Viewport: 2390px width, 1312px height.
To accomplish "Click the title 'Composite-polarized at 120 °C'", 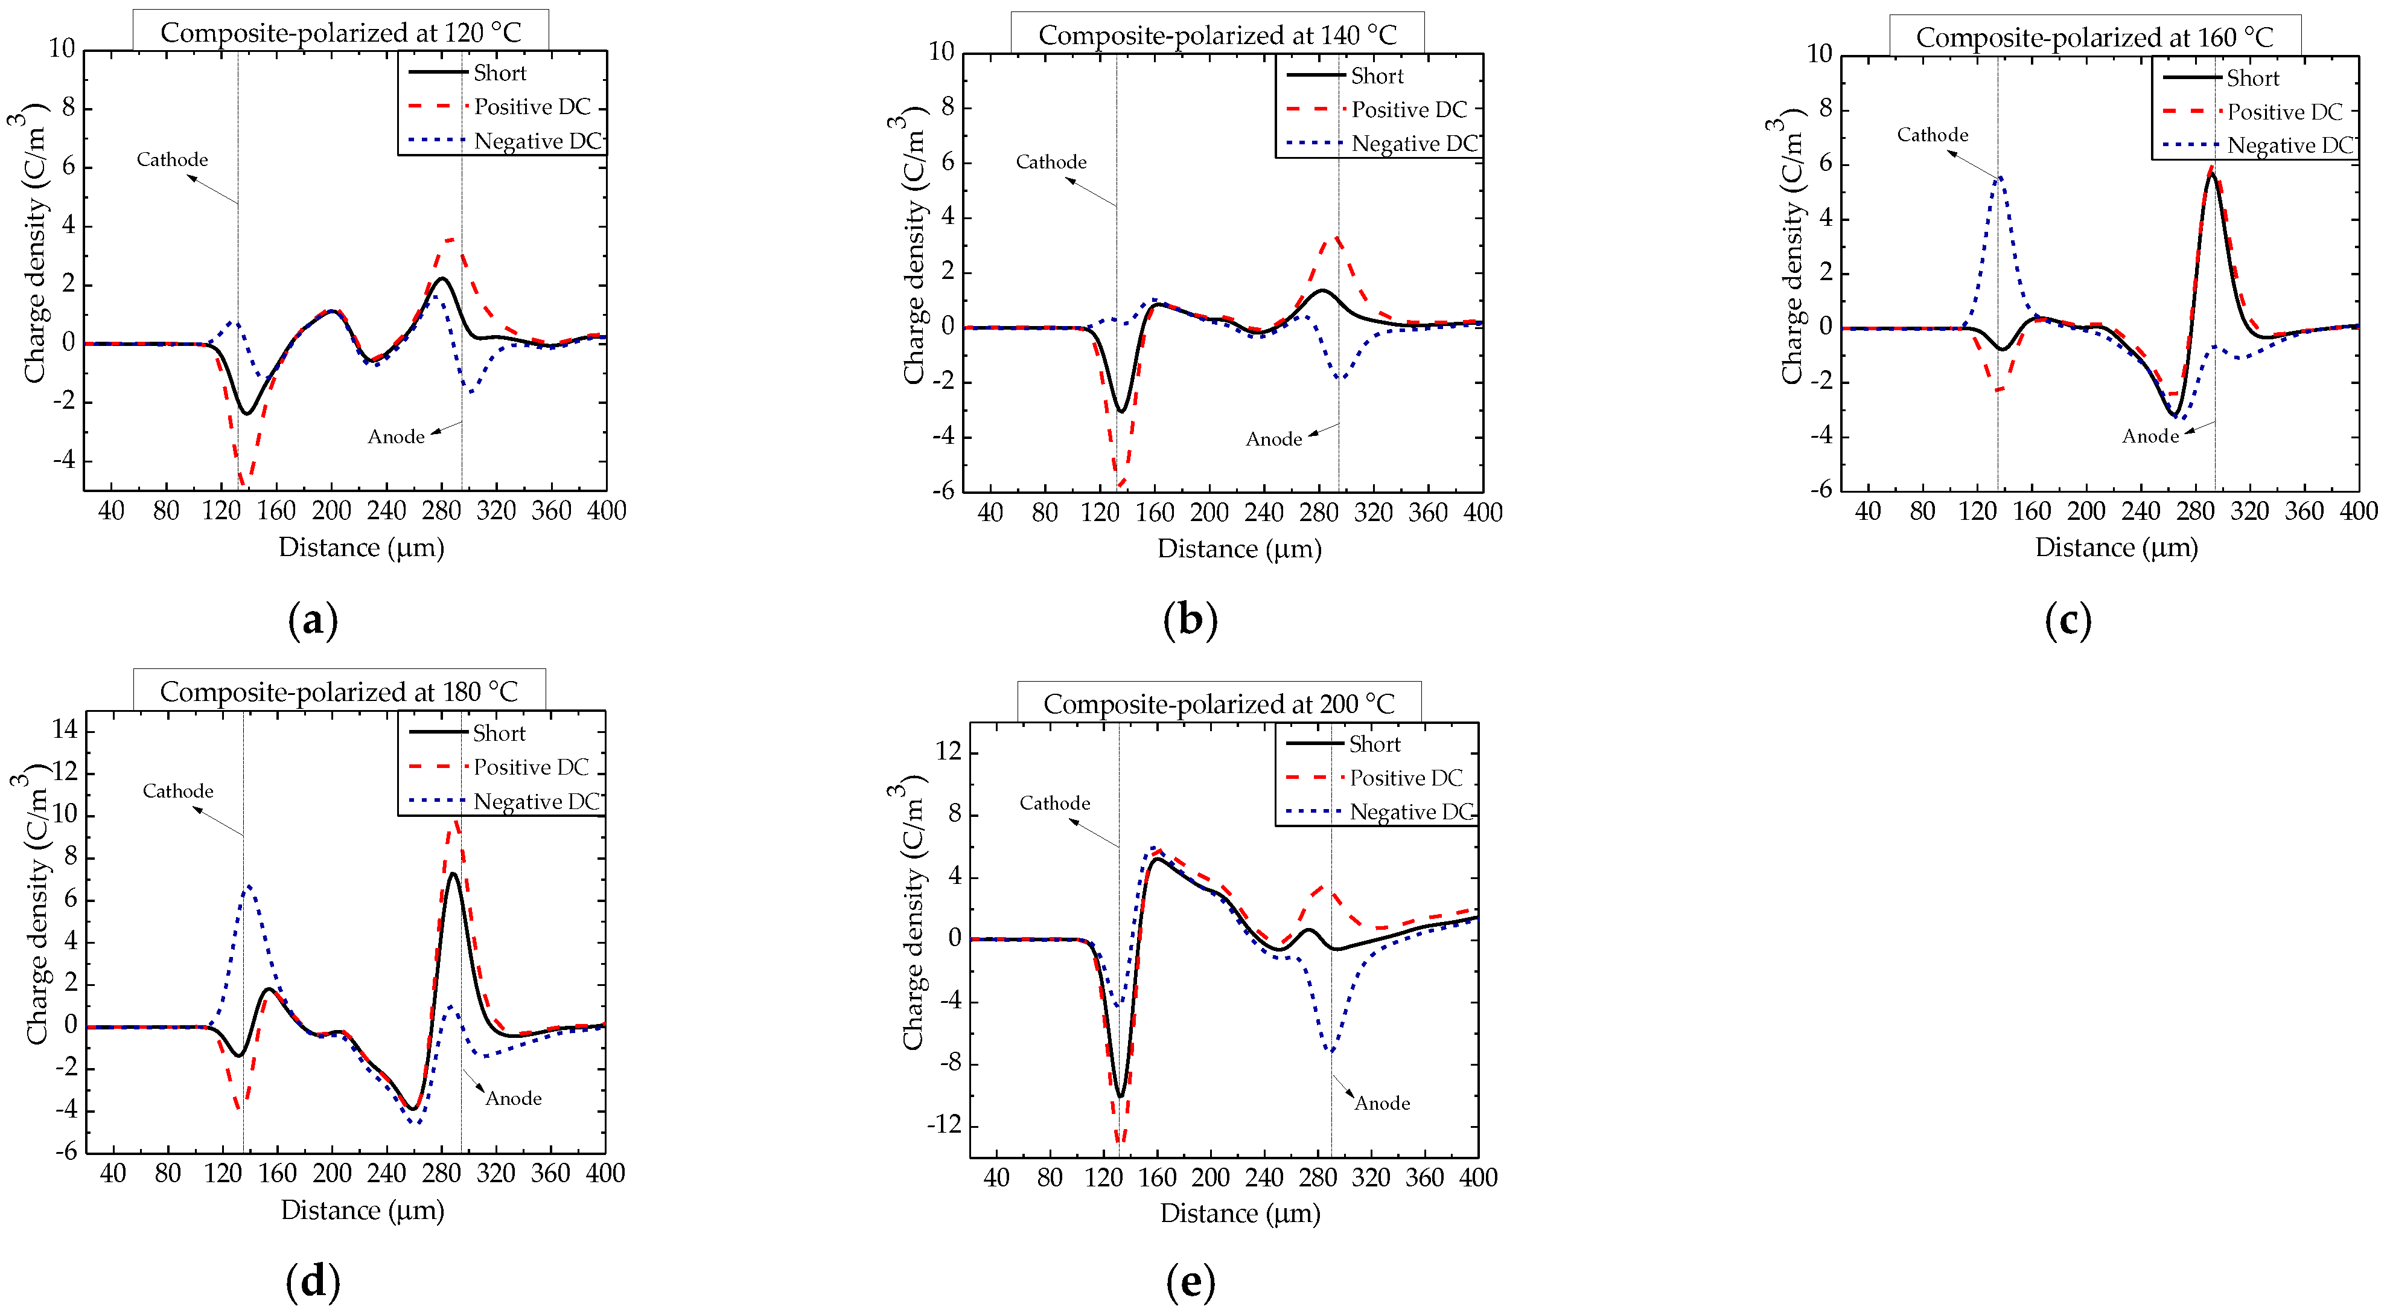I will click(340, 33).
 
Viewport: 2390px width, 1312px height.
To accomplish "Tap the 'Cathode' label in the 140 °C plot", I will click(1051, 162).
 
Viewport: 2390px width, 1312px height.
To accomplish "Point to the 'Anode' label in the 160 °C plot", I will click(2150, 436).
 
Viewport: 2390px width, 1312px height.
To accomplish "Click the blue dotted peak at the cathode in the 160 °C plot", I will click(2000, 178).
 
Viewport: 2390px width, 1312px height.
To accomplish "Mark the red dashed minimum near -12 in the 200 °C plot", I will click(1120, 1139).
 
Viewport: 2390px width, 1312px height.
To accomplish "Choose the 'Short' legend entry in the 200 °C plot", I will click(1374, 744).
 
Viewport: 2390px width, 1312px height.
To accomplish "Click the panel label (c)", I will click(2067, 620).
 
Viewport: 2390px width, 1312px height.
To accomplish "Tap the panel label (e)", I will click(1190, 1282).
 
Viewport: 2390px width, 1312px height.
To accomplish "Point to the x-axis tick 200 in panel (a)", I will click(331, 511).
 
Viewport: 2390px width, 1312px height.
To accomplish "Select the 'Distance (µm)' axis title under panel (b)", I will click(1238, 549).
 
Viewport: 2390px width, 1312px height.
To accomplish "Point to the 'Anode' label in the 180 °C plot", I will click(513, 1099).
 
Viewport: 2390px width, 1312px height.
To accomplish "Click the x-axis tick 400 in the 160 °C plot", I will click(2357, 512).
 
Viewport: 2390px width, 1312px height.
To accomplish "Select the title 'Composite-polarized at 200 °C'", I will click(1218, 704).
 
